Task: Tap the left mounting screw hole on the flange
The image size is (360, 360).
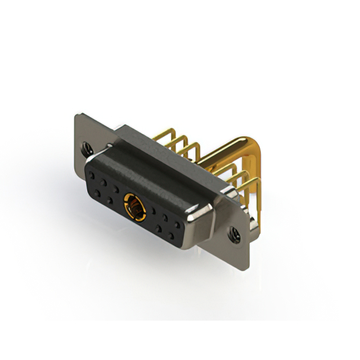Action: click(x=86, y=150)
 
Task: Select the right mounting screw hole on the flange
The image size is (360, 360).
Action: click(x=233, y=231)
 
